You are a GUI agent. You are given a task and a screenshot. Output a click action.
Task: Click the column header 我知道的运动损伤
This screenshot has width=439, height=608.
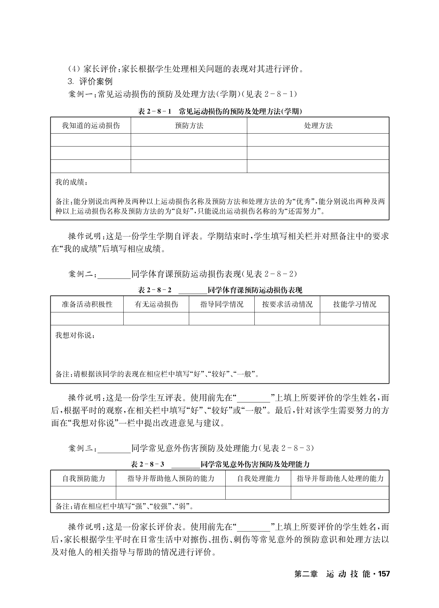tap(91, 126)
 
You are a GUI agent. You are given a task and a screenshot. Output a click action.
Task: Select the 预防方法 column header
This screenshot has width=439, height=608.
tap(189, 126)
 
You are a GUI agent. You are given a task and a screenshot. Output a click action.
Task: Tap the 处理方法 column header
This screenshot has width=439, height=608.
tap(318, 126)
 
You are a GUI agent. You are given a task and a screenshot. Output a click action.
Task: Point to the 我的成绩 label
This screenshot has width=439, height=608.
tap(71, 182)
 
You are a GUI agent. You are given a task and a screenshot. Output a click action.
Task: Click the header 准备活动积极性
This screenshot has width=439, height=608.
tap(87, 304)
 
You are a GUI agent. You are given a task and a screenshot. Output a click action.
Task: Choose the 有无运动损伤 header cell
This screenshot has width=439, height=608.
tap(156, 304)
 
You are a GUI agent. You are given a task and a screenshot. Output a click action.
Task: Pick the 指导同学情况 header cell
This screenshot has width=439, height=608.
tap(222, 304)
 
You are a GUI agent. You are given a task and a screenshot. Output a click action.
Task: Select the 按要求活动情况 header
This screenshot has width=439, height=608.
tap(287, 304)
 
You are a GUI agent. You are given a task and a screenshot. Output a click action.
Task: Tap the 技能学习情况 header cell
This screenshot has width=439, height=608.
tap(354, 304)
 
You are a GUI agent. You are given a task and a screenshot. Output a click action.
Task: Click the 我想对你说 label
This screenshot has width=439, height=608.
tap(75, 335)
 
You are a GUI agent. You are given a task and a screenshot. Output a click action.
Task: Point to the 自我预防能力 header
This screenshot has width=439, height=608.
tap(84, 478)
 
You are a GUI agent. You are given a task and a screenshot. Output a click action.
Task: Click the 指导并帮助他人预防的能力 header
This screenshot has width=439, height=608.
tap(171, 478)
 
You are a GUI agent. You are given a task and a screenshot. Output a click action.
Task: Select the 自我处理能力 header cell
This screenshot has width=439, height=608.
tap(258, 478)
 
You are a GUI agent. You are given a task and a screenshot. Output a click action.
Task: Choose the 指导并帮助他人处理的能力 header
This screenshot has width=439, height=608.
tap(340, 478)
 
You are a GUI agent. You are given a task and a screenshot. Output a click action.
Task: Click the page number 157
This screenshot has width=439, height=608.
tap(384, 574)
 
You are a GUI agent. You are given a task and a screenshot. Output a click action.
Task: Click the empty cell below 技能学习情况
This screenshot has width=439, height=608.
tap(354, 319)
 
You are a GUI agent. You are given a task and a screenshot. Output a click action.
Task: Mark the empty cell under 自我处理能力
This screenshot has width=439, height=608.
tap(258, 493)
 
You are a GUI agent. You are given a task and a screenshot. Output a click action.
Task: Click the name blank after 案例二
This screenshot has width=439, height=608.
tap(114, 275)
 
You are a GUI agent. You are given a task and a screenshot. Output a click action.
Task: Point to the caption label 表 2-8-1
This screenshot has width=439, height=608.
tap(154, 112)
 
